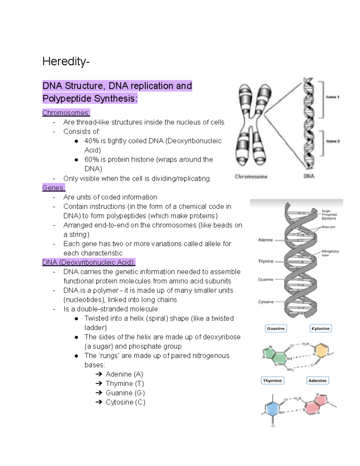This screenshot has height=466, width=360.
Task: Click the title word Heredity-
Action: [66, 62]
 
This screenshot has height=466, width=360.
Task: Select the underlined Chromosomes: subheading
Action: [66, 113]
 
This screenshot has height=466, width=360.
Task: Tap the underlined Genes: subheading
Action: [54, 188]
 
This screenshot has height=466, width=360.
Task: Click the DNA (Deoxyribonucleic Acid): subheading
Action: [89, 263]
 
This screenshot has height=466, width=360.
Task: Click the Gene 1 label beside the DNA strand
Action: [332, 97]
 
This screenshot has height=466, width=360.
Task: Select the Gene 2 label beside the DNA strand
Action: [333, 141]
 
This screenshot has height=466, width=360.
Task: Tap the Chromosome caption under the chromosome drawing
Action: [251, 177]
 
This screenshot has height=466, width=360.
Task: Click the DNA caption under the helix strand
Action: [309, 176]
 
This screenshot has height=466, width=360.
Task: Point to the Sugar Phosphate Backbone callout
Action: [329, 215]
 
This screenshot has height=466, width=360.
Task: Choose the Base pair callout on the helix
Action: [328, 227]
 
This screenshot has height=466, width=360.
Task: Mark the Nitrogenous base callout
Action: [330, 253]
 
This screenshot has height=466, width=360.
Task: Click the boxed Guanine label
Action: [276, 328]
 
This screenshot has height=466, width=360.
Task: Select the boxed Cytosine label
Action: [320, 328]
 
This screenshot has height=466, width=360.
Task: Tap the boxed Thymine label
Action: [272, 380]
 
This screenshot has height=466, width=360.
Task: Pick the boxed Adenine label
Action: [317, 380]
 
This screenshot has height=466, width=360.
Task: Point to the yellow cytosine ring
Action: [321, 351]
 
